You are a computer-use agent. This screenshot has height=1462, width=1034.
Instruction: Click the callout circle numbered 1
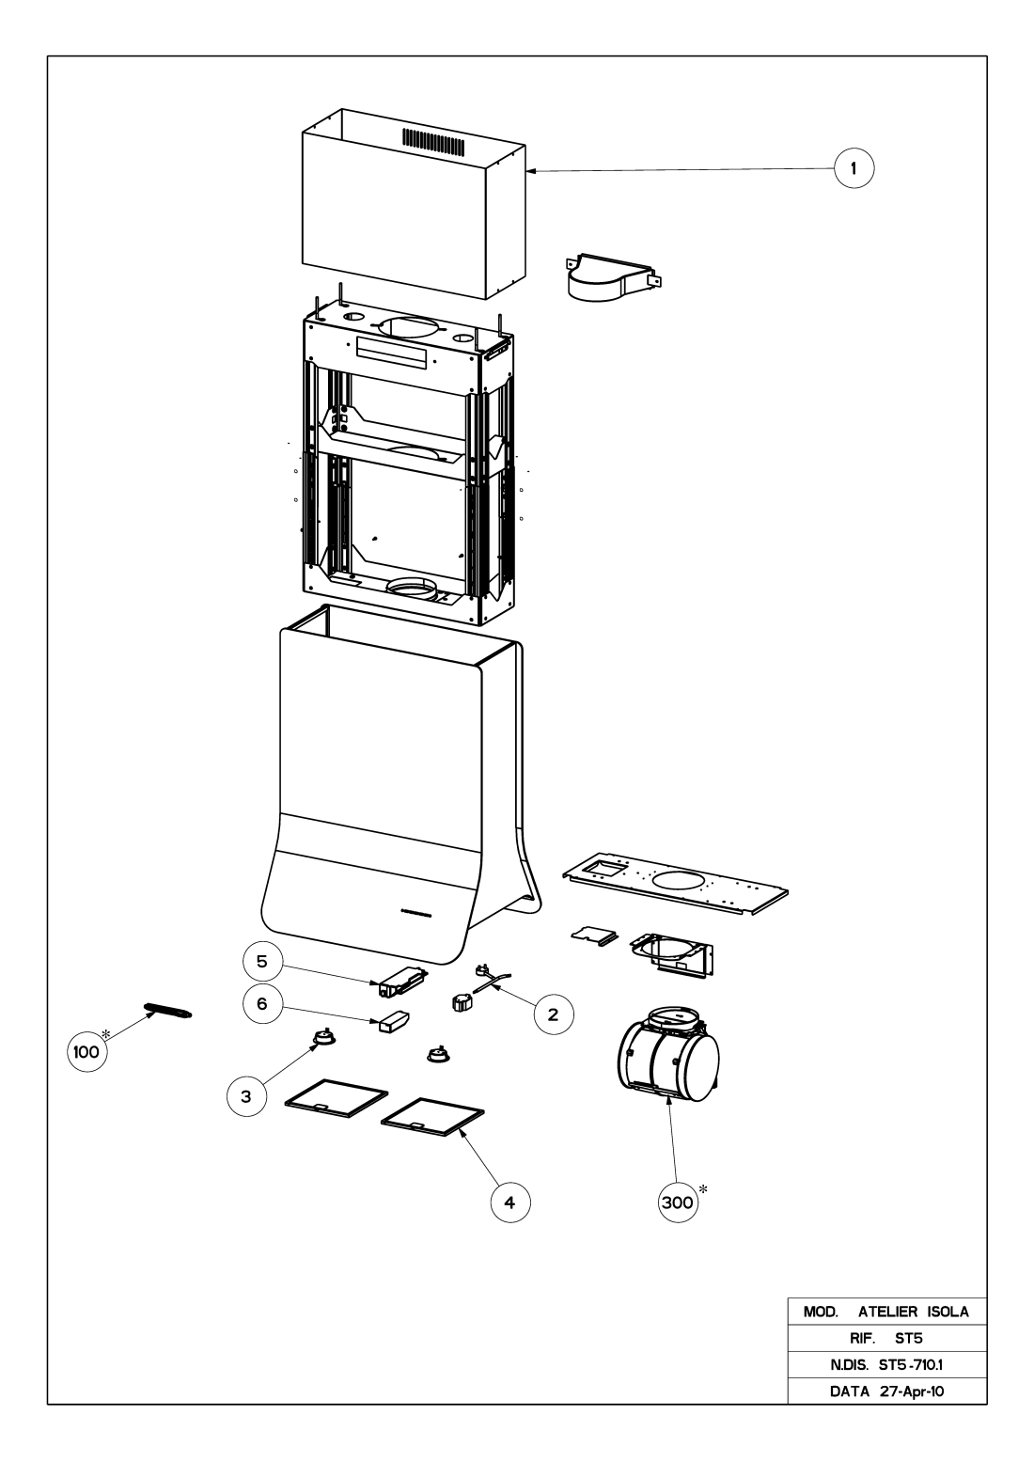point(854,168)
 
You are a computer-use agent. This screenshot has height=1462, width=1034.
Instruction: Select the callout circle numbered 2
point(554,1014)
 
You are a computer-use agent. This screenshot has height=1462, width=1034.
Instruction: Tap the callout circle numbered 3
point(246,1096)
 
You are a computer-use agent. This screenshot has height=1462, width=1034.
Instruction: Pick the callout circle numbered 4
point(510,1203)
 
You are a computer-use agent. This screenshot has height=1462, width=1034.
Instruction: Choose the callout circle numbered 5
point(262,962)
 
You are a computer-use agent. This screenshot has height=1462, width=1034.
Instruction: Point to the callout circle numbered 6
point(262,1003)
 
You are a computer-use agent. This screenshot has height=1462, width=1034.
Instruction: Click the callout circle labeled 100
point(86,1052)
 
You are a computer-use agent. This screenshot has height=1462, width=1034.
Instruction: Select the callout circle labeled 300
point(678,1203)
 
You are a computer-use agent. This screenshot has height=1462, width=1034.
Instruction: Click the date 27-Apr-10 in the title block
point(912,1391)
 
